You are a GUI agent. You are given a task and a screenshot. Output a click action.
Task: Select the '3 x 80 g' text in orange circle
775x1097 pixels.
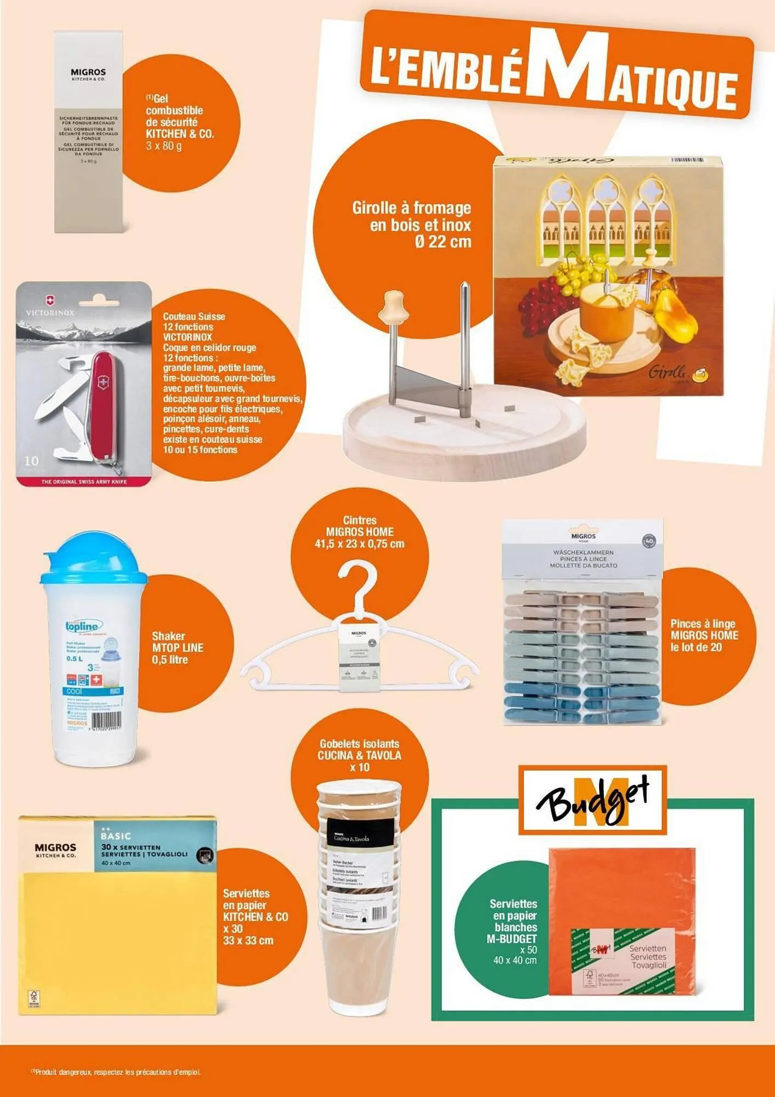[x=163, y=146]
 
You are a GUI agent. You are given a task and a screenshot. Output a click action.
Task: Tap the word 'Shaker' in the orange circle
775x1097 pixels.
[x=168, y=636]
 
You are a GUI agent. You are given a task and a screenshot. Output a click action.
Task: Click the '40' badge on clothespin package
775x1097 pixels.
[x=649, y=541]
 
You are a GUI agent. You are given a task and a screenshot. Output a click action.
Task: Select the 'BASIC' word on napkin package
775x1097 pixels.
[x=116, y=836]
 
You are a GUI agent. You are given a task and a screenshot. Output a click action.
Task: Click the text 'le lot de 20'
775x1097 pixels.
[x=696, y=647]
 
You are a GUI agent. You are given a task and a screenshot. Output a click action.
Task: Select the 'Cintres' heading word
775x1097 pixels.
[x=360, y=520]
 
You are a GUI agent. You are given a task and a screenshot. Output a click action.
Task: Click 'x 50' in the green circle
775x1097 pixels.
[x=528, y=949]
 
